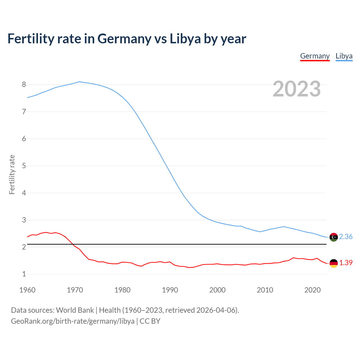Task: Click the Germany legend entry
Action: tap(315, 56)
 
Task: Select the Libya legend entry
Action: tap(344, 56)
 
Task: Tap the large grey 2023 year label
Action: tap(297, 89)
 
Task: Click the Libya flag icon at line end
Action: tap(334, 237)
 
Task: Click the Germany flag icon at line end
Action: tap(334, 263)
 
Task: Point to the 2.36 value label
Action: tap(346, 237)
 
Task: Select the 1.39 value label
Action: tap(346, 263)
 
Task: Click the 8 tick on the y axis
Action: tap(24, 85)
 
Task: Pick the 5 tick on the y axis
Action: tap(24, 166)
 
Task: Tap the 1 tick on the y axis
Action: tap(24, 274)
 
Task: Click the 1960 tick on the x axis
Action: tap(27, 290)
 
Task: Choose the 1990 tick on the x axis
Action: tap(170, 290)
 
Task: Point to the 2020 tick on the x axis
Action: tap(312, 290)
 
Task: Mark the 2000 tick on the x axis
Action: tap(217, 290)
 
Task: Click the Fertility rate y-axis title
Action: tap(12, 174)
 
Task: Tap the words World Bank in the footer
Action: tap(75, 310)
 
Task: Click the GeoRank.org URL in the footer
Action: tap(73, 321)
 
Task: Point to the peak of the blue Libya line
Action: tap(79, 82)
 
